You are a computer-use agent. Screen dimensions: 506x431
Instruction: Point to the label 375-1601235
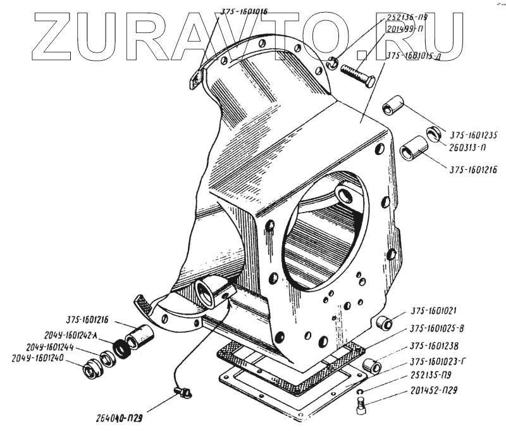coord(474,134)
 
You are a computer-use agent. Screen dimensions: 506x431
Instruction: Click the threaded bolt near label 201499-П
coord(357,76)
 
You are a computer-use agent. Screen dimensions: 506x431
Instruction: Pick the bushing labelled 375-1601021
coord(384,323)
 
